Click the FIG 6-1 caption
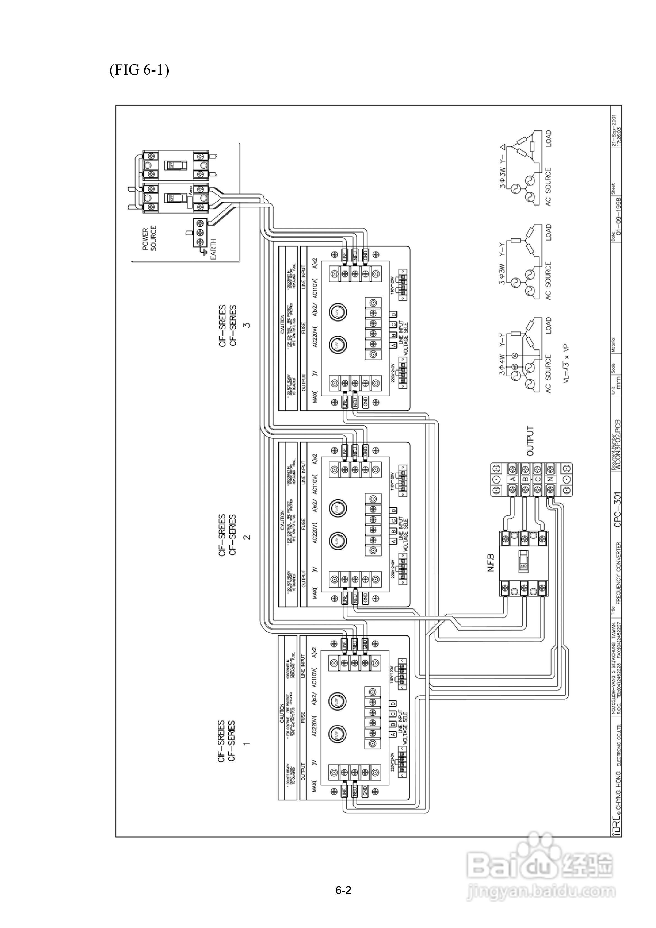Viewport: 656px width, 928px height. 139,70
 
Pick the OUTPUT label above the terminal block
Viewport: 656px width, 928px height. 530,441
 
